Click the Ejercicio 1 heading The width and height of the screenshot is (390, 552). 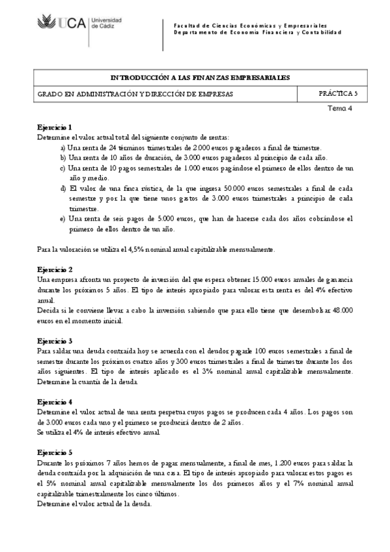pyautogui.click(x=55, y=127)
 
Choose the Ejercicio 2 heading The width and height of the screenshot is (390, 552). pyautogui.click(x=55, y=269)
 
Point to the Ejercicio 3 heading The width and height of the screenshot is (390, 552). pyautogui.click(x=55, y=340)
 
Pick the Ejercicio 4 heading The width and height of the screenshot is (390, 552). pyautogui.click(x=55, y=402)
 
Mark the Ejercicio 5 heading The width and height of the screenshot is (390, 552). pyautogui.click(x=55, y=452)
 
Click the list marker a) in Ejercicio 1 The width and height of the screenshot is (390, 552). pyautogui.click(x=63, y=147)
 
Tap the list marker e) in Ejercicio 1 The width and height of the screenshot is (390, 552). pyautogui.click(x=63, y=219)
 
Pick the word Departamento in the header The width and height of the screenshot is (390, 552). pyautogui.click(x=193, y=32)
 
